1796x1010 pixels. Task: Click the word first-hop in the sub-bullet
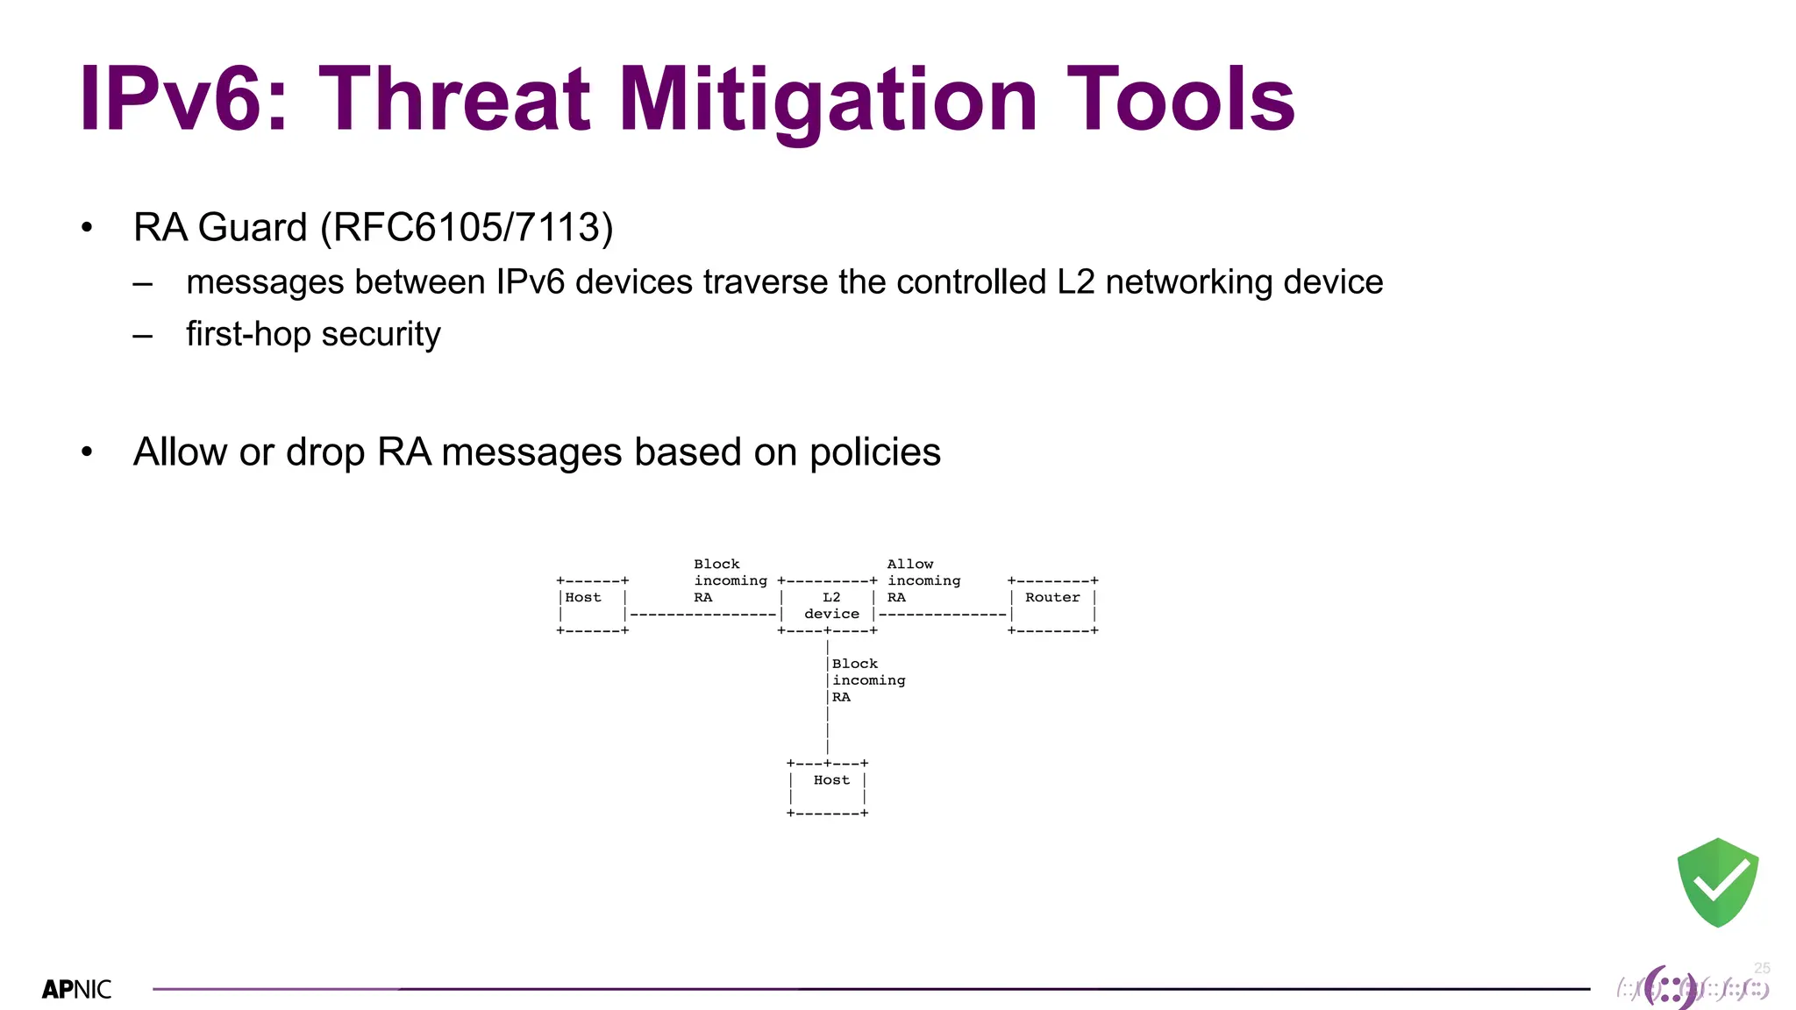point(248,334)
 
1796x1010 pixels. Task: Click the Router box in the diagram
point(1052,605)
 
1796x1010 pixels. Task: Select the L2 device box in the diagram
point(827,605)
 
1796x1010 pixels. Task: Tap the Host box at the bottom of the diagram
point(827,787)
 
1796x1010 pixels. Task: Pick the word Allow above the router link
point(909,564)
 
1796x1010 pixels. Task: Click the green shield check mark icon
point(1717,882)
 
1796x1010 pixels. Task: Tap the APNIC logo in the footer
point(77,989)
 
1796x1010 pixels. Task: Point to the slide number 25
point(1762,968)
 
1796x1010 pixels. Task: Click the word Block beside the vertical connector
point(854,664)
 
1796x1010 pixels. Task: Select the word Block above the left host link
point(716,564)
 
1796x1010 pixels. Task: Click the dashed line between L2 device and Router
point(943,614)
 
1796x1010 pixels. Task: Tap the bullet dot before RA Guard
point(86,229)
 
